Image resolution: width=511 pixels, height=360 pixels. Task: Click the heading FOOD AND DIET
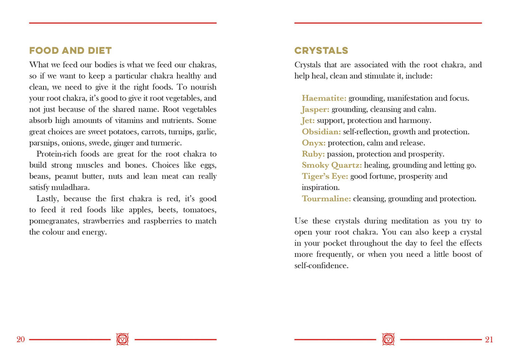70,51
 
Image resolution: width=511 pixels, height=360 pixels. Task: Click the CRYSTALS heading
321,51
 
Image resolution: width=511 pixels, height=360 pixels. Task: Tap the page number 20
21,339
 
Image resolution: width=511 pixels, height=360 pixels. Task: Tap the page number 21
489,339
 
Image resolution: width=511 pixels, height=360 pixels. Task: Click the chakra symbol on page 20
123,339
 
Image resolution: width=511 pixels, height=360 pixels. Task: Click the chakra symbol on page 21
388,339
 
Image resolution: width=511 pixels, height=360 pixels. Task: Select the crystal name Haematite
324,98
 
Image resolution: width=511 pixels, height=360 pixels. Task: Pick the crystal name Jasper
316,109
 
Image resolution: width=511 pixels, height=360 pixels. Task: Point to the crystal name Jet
308,121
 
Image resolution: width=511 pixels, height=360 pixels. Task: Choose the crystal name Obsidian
321,132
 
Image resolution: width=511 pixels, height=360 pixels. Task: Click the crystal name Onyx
314,143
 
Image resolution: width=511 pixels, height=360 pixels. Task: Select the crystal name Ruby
313,154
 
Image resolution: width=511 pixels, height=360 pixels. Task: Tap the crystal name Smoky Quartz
332,165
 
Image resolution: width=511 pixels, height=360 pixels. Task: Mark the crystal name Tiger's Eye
325,176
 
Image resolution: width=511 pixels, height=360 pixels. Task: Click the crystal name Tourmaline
326,199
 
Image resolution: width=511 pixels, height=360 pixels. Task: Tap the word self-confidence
321,265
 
